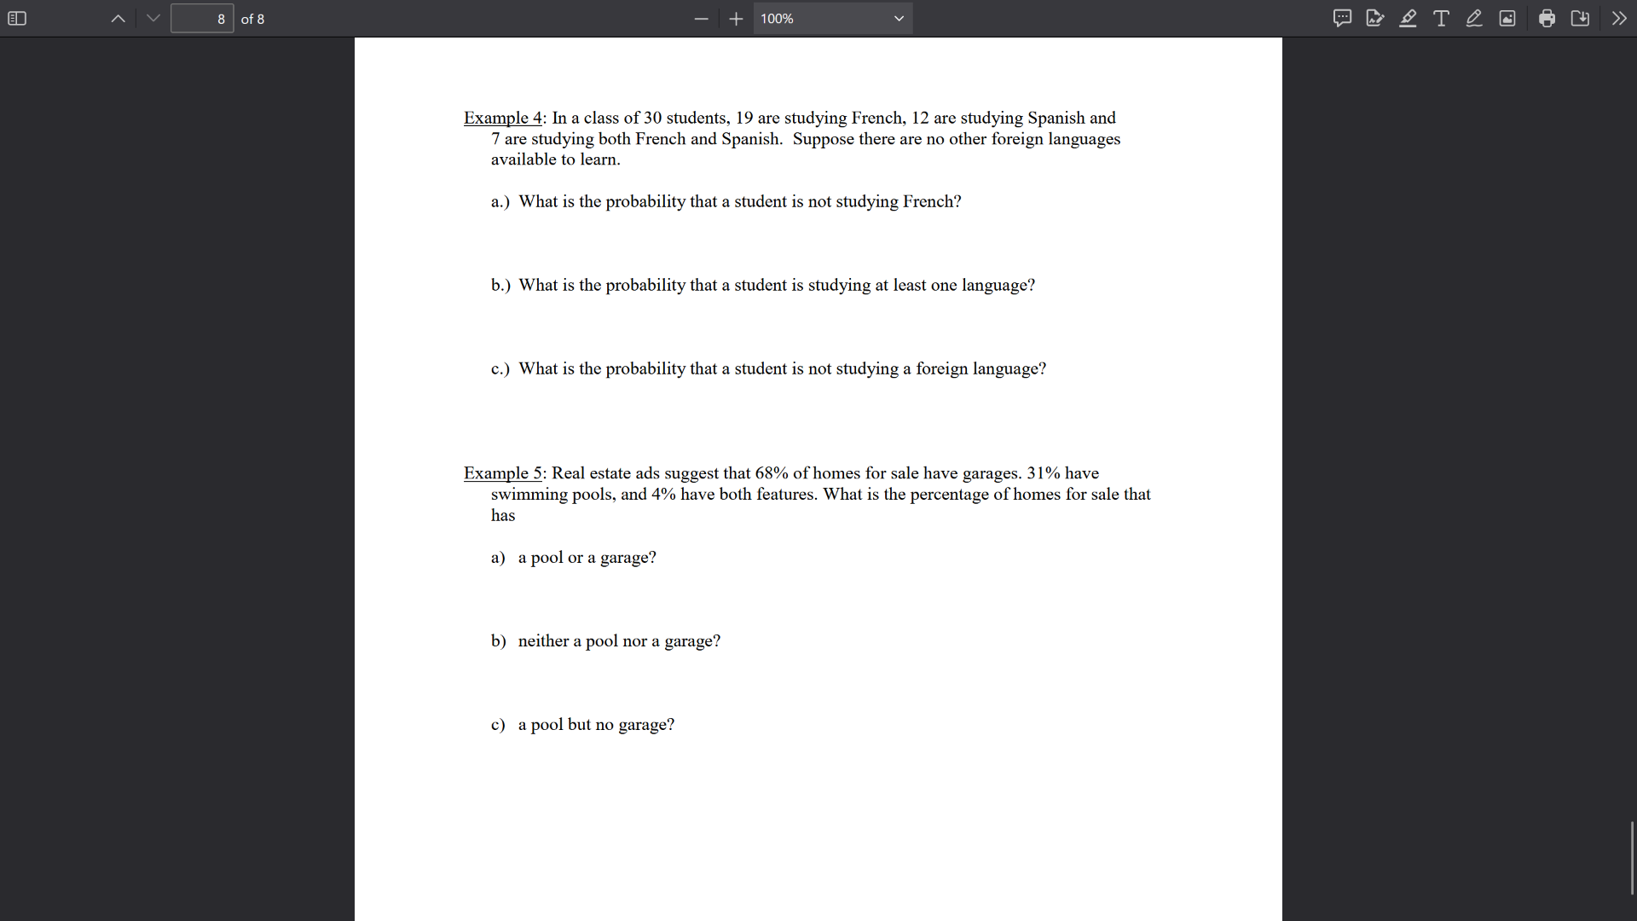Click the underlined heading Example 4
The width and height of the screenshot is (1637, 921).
[x=503, y=118]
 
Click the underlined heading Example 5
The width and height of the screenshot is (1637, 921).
[x=503, y=473]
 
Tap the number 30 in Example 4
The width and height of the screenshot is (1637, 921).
[x=652, y=118]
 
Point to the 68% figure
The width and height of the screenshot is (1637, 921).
[x=772, y=473]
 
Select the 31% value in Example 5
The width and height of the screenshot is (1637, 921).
[x=1044, y=473]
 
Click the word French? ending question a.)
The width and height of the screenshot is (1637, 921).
[x=932, y=201]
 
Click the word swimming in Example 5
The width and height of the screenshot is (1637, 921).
[x=529, y=495]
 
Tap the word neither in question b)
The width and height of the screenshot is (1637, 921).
[x=543, y=641]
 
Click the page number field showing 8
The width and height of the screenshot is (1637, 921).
[x=202, y=19]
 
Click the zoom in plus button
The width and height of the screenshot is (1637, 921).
[x=737, y=19]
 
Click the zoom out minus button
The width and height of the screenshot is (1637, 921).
[x=702, y=19]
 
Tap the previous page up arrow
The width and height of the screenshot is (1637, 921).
[x=119, y=19]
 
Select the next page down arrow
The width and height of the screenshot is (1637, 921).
[x=153, y=19]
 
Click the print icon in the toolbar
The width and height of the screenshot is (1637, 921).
[x=1547, y=19]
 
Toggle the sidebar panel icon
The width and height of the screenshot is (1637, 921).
[x=17, y=19]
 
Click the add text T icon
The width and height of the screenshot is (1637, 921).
[x=1441, y=19]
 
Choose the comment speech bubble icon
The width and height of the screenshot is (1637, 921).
[x=1342, y=19]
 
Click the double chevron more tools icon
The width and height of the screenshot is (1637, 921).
[x=1619, y=19]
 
